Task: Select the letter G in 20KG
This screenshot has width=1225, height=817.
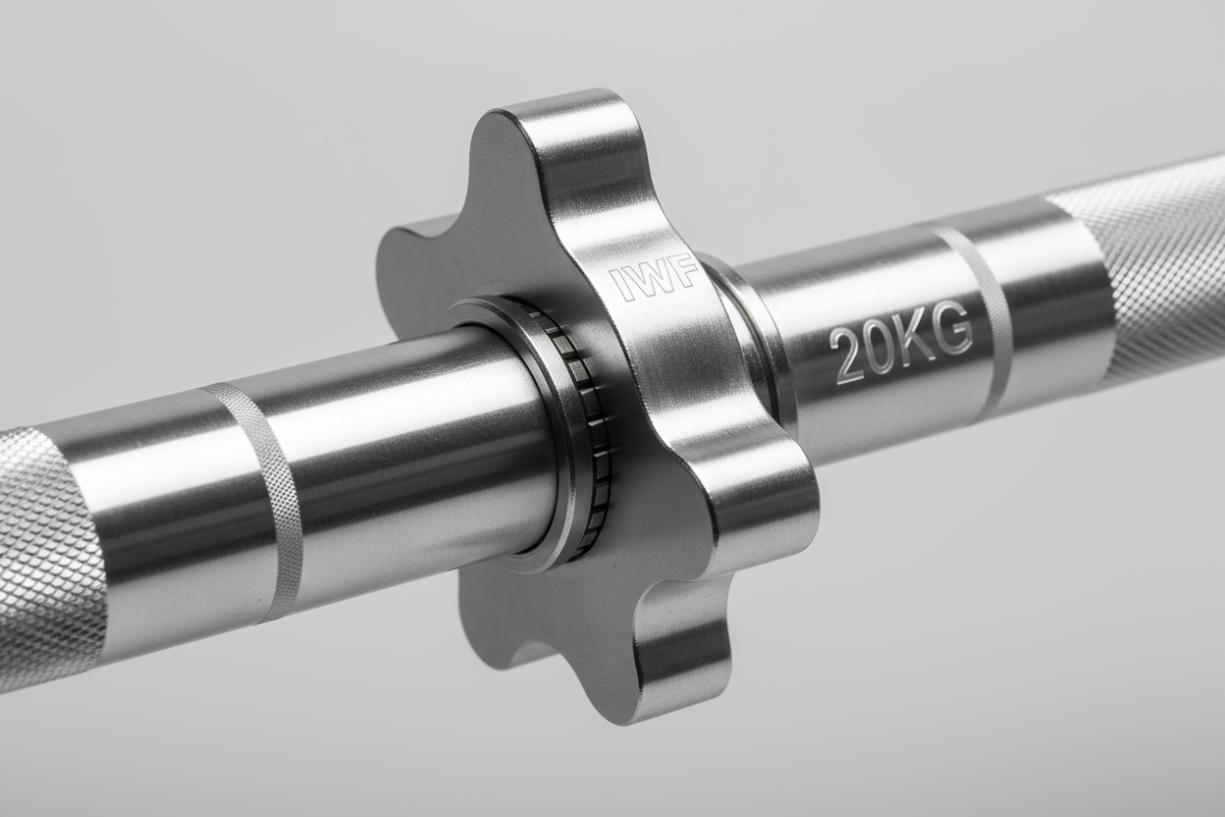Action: pyautogui.click(x=951, y=331)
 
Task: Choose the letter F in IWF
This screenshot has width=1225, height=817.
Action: pyautogui.click(x=688, y=270)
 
